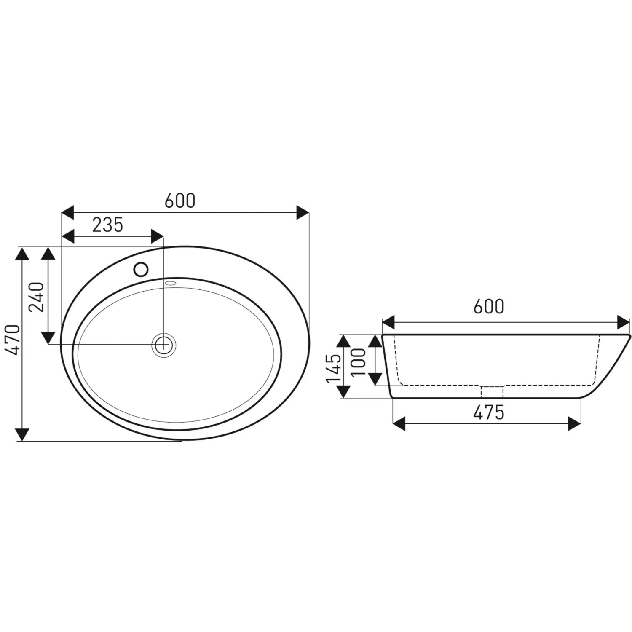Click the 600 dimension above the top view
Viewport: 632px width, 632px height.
point(180,201)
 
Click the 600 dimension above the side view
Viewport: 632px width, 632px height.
point(489,307)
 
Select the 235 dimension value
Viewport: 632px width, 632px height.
point(108,225)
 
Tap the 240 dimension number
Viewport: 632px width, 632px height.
point(36,297)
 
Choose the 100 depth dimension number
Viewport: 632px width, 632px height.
point(359,362)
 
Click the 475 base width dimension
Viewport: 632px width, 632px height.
point(489,413)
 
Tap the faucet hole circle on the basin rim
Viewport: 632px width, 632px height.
point(141,269)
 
